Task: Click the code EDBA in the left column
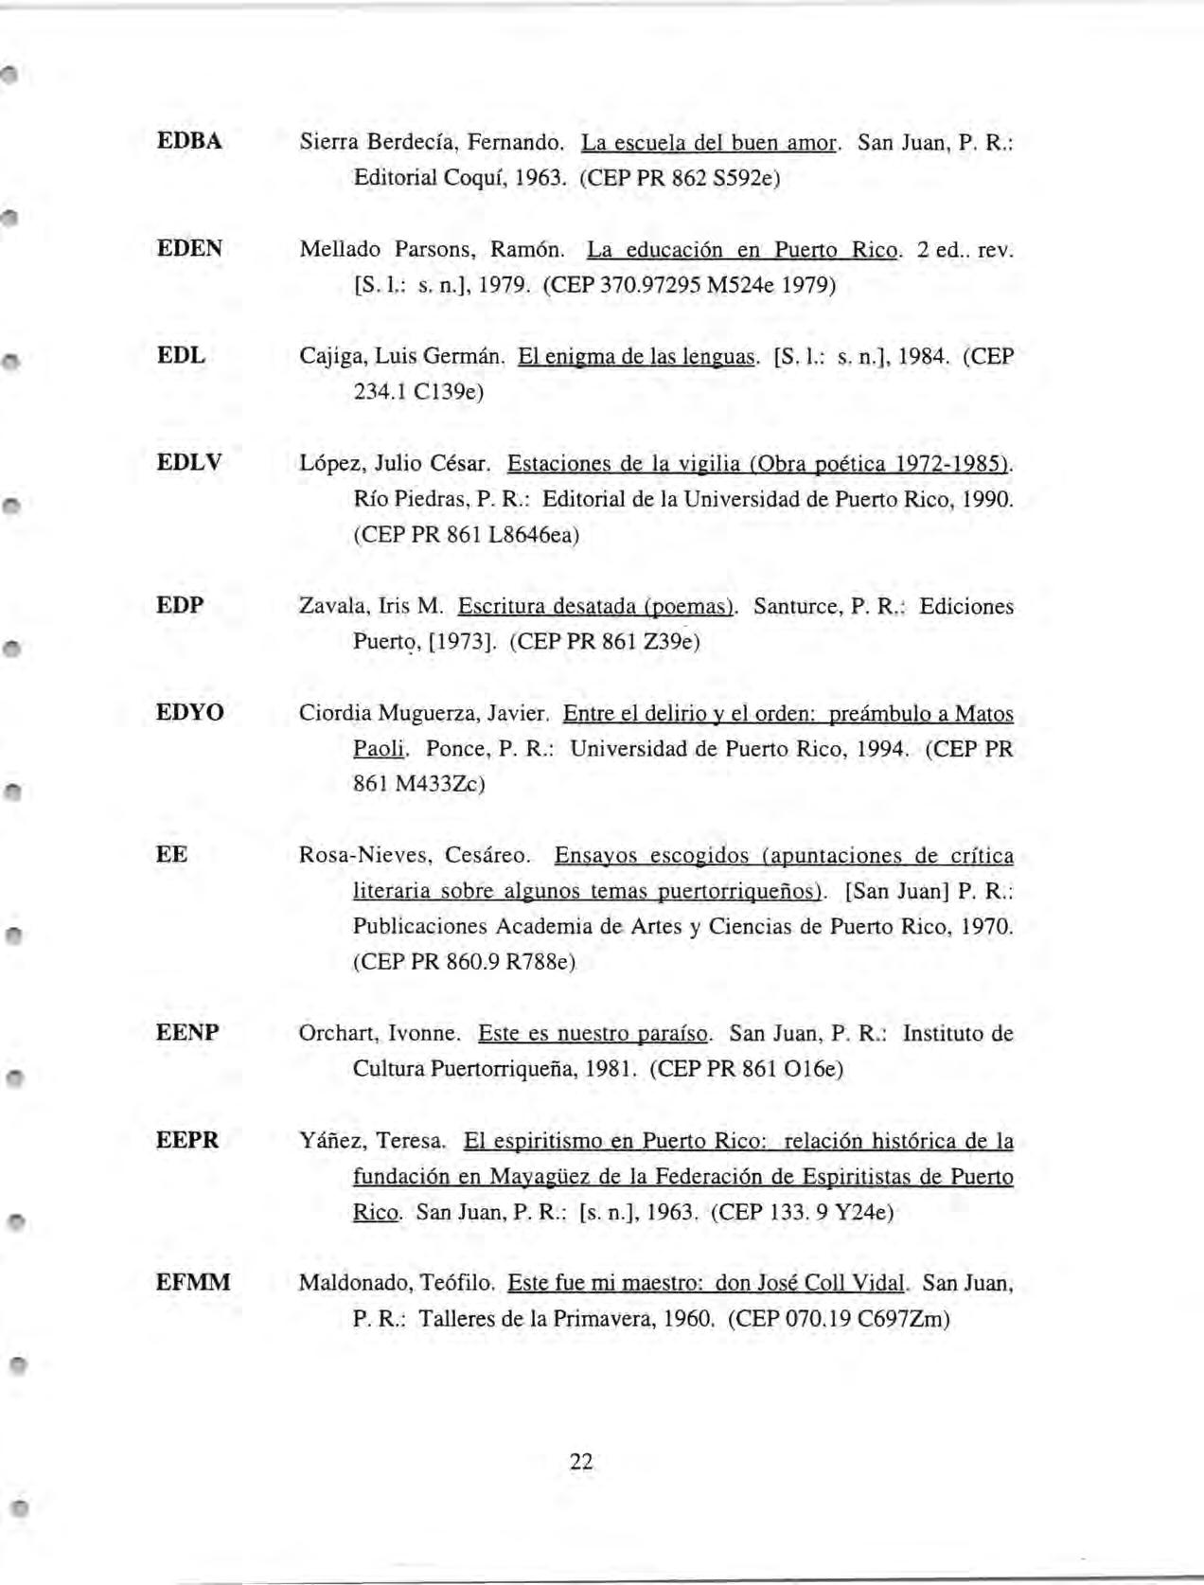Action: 189,142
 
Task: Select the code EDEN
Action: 190,249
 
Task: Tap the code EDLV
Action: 189,463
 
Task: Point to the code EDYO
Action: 190,712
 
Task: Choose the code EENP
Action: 187,1032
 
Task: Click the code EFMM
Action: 193,1283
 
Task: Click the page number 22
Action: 581,1461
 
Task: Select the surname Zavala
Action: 327,606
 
